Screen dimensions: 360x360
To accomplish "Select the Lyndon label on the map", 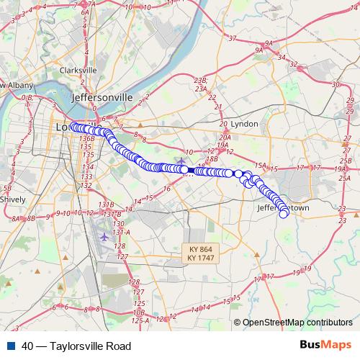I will pyautogui.click(x=243, y=124).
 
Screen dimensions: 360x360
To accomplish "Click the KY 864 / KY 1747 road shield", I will pyautogui.click(x=199, y=253).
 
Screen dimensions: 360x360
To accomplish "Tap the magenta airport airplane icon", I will pyautogui.click(x=107, y=235).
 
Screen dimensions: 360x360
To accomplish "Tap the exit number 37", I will pyautogui.click(x=232, y=37).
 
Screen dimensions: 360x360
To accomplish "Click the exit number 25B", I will pyautogui.click(x=346, y=161).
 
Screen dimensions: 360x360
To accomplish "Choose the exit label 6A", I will pyautogui.click(x=85, y=12).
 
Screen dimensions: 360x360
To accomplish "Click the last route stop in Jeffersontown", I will pyautogui.click(x=284, y=213).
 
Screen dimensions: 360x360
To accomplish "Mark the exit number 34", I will pyautogui.click(x=283, y=57).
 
